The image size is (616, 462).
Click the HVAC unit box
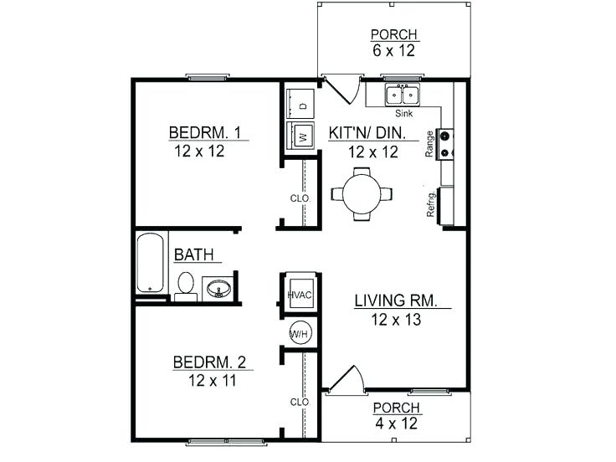300,294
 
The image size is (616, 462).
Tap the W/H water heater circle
300,333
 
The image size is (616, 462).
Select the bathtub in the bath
151,263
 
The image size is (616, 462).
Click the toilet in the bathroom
186,285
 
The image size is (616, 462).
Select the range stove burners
445,144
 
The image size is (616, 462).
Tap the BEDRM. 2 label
209,362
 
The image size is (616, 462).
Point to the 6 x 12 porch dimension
393,50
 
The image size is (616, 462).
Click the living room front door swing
346,381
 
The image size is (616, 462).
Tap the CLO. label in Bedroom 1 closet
300,198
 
